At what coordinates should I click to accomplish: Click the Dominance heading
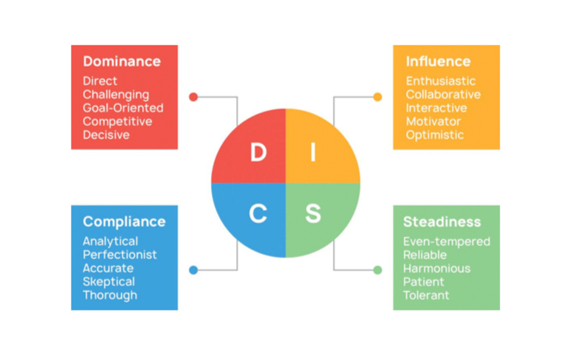[122, 62]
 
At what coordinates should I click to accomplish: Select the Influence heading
[438, 62]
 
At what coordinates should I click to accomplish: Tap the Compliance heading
[124, 222]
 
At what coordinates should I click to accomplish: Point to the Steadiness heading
[442, 222]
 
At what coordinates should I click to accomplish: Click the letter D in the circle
[258, 153]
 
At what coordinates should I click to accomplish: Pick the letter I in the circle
[313, 153]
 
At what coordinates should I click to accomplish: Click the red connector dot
[193, 97]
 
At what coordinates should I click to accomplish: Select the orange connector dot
[377, 97]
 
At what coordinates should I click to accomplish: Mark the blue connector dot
[193, 270]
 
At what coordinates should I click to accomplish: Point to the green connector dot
[377, 270]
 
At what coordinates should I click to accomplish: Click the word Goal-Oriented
[123, 108]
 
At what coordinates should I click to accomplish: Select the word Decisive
[106, 135]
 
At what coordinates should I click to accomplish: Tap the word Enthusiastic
[441, 81]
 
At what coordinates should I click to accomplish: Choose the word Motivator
[433, 122]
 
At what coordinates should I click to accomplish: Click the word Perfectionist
[120, 255]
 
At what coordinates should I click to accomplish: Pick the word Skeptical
[108, 282]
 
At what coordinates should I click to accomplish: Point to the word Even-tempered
[447, 242]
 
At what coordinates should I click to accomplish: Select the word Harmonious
[437, 269]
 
